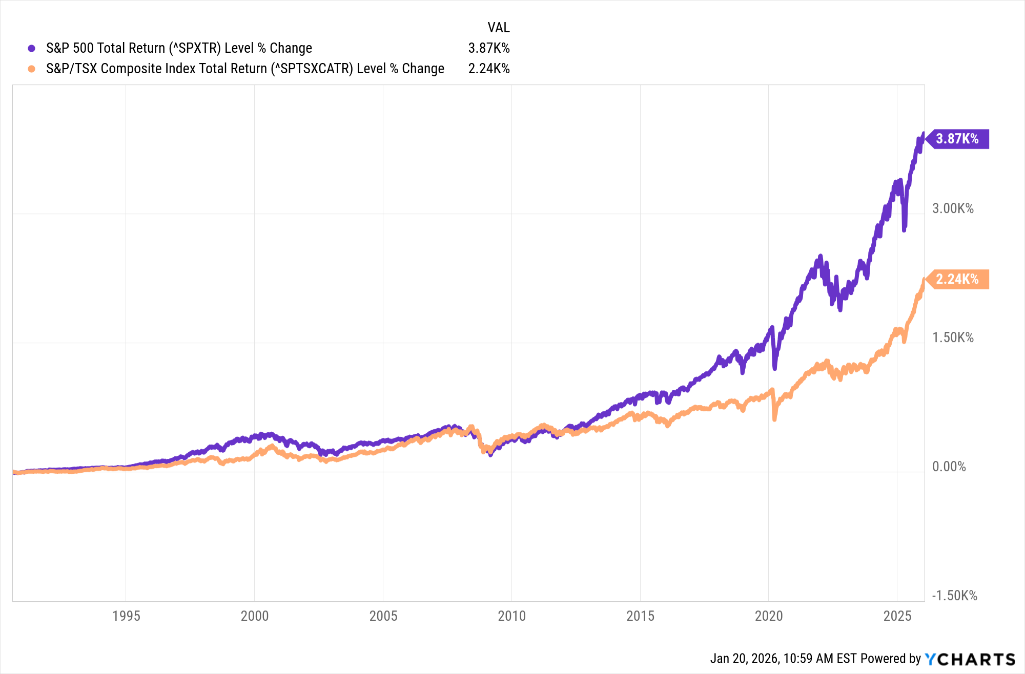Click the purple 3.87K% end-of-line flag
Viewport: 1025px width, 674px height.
pos(957,139)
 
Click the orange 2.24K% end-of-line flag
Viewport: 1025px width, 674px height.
pos(957,279)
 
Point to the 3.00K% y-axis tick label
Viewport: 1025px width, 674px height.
pos(953,208)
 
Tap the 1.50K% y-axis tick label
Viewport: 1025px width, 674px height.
pos(953,338)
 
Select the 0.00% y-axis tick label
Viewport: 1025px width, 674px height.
pos(949,467)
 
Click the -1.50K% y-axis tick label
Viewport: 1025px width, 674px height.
pos(954,596)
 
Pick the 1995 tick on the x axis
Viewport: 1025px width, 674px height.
pos(126,616)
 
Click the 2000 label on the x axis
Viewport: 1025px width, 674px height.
pos(255,616)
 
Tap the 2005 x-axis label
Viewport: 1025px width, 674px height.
pos(383,616)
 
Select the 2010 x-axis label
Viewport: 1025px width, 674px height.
pos(512,616)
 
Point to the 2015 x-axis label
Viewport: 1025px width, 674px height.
pos(640,616)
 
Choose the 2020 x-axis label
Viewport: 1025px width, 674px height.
pos(769,616)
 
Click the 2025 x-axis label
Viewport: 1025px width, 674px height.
pos(897,616)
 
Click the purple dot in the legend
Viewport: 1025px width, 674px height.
pos(32,48)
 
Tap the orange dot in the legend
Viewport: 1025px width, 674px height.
pos(32,69)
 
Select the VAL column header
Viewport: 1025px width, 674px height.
pos(498,28)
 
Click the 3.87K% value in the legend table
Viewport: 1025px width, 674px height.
pos(488,48)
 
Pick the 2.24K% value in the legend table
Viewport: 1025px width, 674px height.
pos(488,69)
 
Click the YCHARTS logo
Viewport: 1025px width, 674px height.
pos(970,659)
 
